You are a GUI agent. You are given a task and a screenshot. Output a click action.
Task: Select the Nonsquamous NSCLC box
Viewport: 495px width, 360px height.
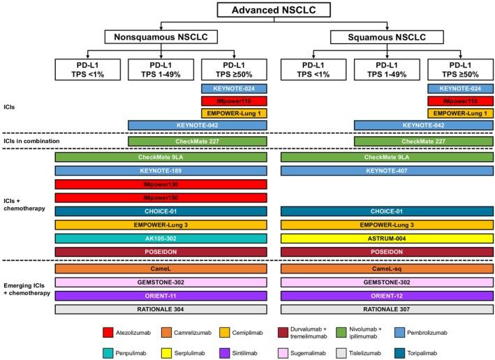[x=161, y=36]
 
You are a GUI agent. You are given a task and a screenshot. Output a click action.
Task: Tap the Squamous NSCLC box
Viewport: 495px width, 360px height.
[x=387, y=36]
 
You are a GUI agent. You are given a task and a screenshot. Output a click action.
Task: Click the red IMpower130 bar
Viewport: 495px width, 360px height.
[x=161, y=183]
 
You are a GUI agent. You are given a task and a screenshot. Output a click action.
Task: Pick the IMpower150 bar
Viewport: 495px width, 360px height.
[x=161, y=197]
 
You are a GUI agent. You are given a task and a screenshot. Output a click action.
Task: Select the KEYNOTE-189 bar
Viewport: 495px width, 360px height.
[x=161, y=170]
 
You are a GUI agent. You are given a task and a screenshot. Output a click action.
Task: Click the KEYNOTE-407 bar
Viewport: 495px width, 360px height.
[x=387, y=170]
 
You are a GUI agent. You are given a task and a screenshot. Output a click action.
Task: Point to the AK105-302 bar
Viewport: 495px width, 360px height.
[x=161, y=238]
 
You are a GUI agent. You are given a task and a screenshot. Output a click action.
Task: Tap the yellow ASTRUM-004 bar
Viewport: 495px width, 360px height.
[x=387, y=238]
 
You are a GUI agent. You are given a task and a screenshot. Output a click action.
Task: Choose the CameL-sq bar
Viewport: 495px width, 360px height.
[x=387, y=269]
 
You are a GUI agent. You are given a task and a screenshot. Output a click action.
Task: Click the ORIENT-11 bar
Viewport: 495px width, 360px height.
[x=161, y=295]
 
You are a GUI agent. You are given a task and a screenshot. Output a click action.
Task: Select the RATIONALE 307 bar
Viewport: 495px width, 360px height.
[x=387, y=309]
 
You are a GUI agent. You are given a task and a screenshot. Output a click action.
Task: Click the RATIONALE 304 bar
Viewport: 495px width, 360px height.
[x=161, y=309]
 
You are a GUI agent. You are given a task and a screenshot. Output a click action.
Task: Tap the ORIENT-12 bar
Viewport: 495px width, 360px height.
[x=387, y=295]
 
